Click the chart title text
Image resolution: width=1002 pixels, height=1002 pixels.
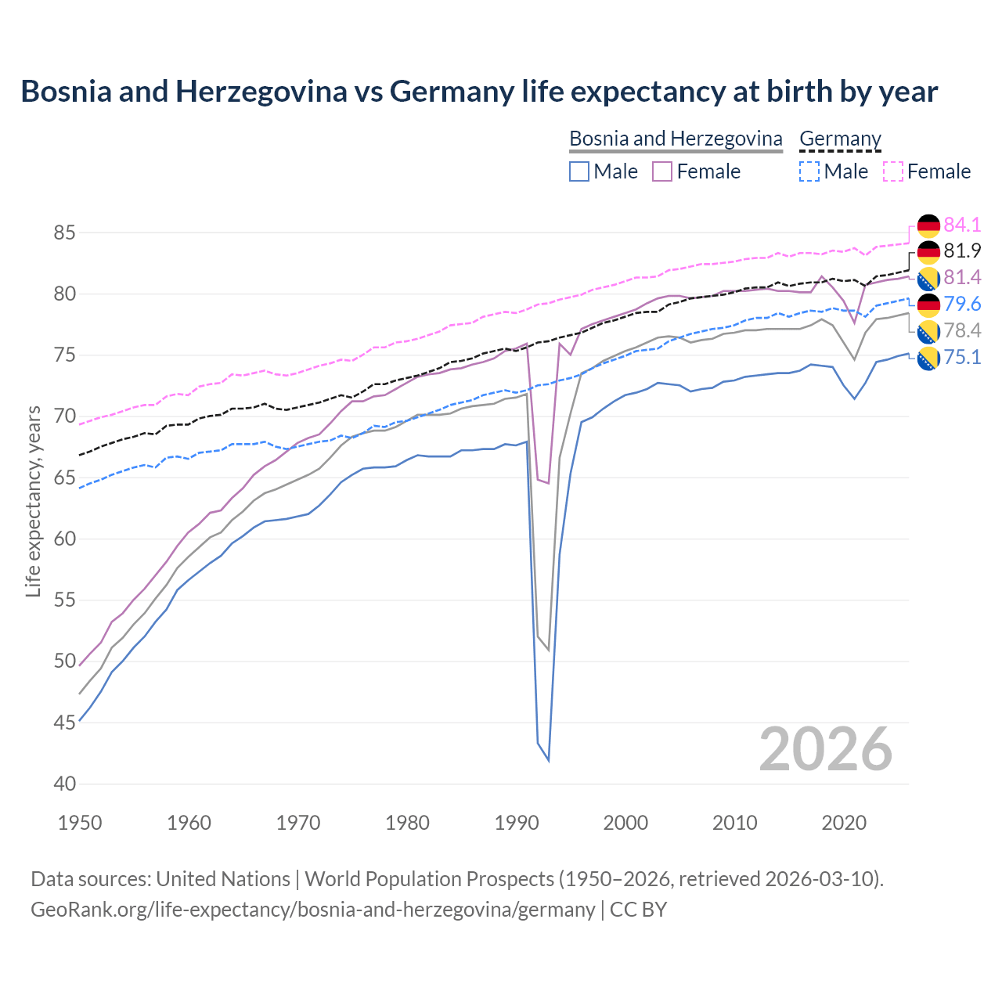[x=479, y=92]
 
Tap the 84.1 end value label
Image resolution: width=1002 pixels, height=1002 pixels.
[x=962, y=225]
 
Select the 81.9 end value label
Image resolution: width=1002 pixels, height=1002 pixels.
[x=962, y=250]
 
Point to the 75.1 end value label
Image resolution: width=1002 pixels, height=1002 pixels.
[x=962, y=357]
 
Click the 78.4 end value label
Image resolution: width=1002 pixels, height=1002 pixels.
[x=962, y=330]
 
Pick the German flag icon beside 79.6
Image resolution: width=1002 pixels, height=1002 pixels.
[x=928, y=305]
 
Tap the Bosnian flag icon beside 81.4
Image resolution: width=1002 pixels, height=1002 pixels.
[x=928, y=278]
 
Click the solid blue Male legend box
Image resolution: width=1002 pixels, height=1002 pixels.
[x=579, y=171]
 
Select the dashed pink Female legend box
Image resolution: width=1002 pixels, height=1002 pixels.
[x=893, y=171]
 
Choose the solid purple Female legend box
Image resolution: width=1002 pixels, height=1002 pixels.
[x=662, y=171]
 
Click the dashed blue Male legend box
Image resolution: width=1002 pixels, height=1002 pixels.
[x=809, y=171]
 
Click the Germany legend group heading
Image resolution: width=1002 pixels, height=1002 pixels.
[x=840, y=139]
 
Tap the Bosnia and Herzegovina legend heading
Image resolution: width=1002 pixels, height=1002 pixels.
[x=676, y=139]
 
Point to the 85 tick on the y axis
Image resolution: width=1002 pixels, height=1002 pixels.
[x=65, y=233]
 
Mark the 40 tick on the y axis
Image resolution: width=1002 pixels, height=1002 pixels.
[x=65, y=784]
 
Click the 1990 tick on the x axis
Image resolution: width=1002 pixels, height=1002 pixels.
[x=517, y=823]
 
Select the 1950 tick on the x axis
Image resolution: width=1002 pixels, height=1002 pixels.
[x=80, y=823]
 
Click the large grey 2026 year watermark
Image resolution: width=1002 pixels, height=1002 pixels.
[x=826, y=750]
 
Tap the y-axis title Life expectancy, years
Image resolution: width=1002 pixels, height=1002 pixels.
[x=34, y=501]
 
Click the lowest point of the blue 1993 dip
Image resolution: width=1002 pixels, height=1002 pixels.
[x=549, y=760]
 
